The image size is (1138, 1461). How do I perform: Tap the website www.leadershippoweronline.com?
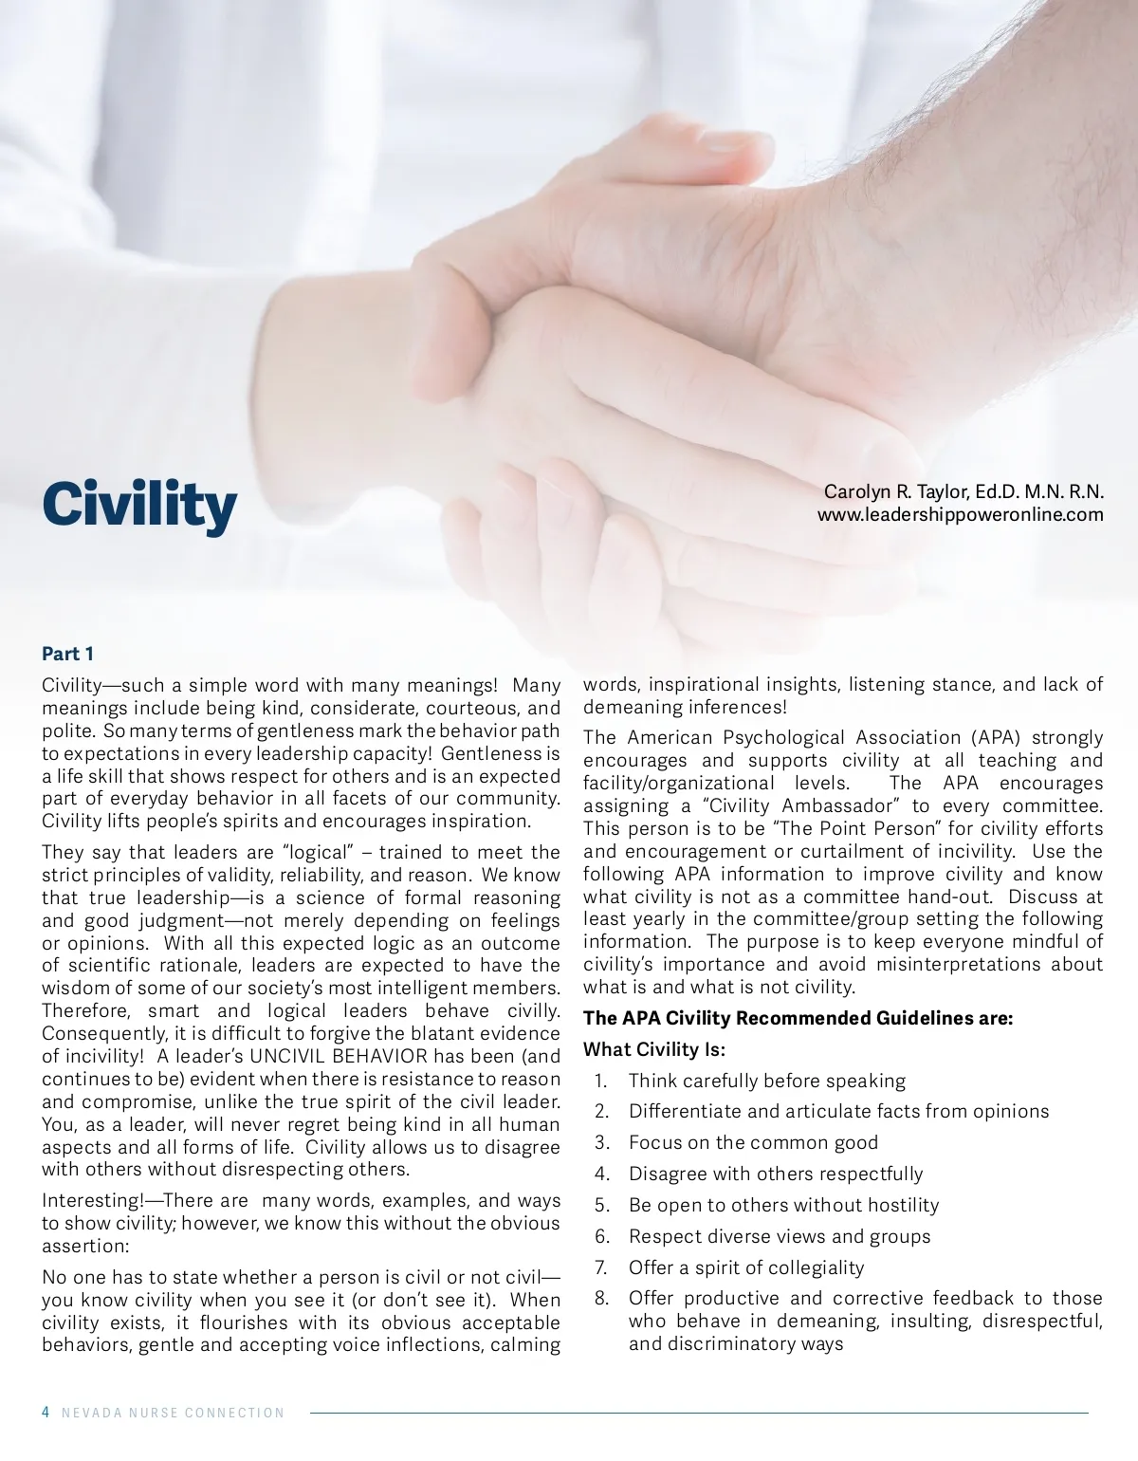[x=961, y=515]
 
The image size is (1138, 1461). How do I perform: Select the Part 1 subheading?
[x=67, y=654]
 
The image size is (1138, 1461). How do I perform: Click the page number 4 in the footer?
[x=46, y=1413]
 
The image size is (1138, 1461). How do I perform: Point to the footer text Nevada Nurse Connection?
[x=173, y=1413]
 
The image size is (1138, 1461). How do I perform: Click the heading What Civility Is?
[x=653, y=1049]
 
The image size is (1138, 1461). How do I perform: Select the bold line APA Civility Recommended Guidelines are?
[x=798, y=1018]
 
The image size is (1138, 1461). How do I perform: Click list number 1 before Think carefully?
[x=600, y=1081]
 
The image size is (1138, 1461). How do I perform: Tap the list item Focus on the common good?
[x=753, y=1142]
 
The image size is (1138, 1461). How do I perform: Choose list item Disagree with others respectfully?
[x=775, y=1174]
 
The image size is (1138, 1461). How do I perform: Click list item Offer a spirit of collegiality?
[x=746, y=1267]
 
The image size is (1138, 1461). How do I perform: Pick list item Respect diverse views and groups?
[x=779, y=1236]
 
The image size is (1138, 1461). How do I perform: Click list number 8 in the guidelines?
[x=601, y=1298]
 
